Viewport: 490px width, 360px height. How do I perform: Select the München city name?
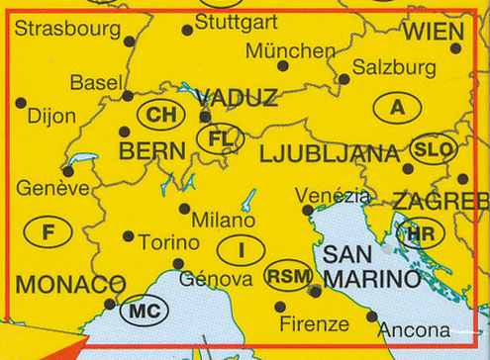point(290,49)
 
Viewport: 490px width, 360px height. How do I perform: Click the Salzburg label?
point(394,67)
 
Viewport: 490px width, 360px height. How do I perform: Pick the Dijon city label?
point(51,116)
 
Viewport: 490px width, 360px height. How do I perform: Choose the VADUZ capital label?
point(237,97)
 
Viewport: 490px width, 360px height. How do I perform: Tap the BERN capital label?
point(151,151)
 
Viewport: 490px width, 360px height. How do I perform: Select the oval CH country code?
point(158,116)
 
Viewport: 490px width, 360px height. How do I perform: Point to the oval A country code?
point(398,108)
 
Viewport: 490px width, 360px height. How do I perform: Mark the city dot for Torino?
point(129,235)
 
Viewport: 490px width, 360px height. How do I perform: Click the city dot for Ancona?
point(372,316)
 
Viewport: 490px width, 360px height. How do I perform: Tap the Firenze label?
point(314,323)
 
